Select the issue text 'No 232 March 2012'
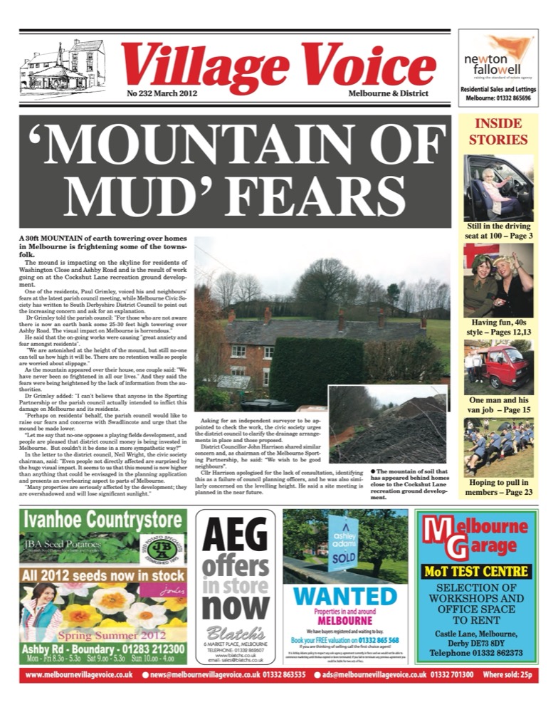tap(162, 93)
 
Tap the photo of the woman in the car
tap(498, 187)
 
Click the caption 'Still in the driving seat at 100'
tap(498, 231)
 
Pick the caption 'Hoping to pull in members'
tap(498, 486)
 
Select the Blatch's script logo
tap(235, 633)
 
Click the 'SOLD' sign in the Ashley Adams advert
tap(339, 560)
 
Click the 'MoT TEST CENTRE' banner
tap(476, 571)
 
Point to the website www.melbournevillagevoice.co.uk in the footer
tap(80, 674)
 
